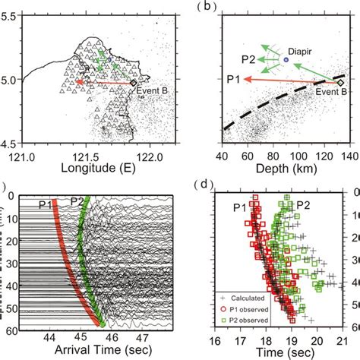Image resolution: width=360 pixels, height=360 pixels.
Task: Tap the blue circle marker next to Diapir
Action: click(x=286, y=59)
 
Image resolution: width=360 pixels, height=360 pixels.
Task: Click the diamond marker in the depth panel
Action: click(x=341, y=82)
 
